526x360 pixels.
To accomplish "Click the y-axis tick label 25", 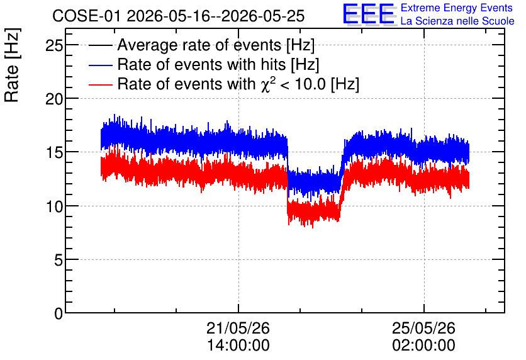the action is pyautogui.click(x=54, y=45).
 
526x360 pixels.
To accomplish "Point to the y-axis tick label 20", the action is pyautogui.click(x=54, y=99).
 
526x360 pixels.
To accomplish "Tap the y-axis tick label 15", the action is pyautogui.click(x=54, y=152).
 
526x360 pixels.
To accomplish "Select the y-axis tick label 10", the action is pyautogui.click(x=54, y=206).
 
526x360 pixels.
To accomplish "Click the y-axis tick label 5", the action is pyautogui.click(x=59, y=260).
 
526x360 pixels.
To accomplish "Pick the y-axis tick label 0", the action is pyautogui.click(x=59, y=313).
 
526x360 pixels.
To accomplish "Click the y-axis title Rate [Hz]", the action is pyautogui.click(x=12, y=65).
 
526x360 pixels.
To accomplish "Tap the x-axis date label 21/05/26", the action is pyautogui.click(x=238, y=328).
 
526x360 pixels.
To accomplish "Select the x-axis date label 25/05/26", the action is pyautogui.click(x=423, y=328).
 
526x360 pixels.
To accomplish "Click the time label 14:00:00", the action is pyautogui.click(x=238, y=345).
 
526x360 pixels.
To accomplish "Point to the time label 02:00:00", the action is pyautogui.click(x=423, y=345).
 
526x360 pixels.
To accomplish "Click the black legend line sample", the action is pyautogui.click(x=100, y=45).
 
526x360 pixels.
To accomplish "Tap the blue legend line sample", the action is pyautogui.click(x=100, y=65).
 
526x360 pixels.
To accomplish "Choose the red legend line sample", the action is pyautogui.click(x=100, y=84).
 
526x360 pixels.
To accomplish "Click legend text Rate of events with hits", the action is pyautogui.click(x=201, y=64).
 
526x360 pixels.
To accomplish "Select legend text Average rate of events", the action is pyautogui.click(x=199, y=45).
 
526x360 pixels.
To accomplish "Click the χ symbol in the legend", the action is pyautogui.click(x=265, y=86).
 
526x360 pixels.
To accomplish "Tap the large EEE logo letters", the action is pyautogui.click(x=369, y=14).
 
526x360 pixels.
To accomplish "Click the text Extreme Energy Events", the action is pyautogui.click(x=457, y=8).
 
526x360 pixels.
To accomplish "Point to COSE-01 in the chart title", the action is pyautogui.click(x=86, y=16).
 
